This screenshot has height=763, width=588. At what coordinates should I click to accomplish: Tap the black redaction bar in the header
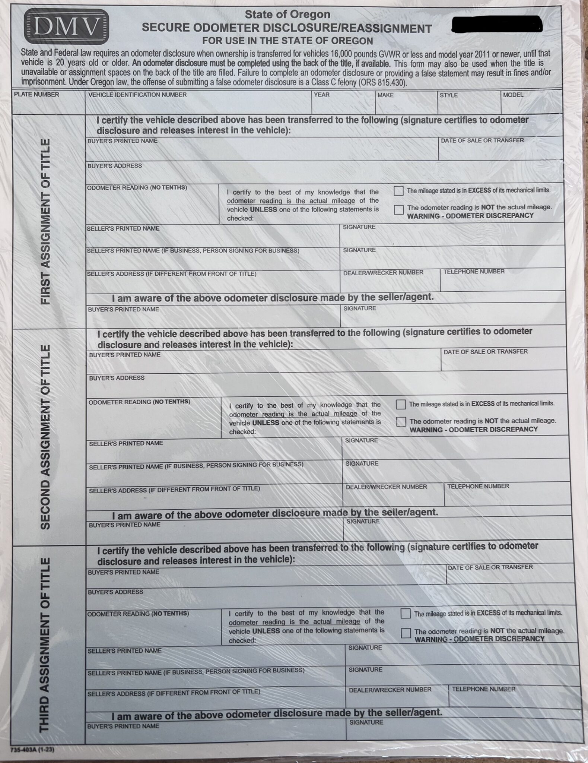pyautogui.click(x=497, y=24)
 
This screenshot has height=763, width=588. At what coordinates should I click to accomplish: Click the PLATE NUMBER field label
pyautogui.click(x=36, y=95)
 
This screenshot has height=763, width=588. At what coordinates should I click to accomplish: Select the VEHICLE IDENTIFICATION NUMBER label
pyautogui.click(x=137, y=95)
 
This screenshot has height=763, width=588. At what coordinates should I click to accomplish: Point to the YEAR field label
pyautogui.click(x=321, y=95)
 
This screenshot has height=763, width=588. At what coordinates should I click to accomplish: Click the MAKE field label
pyautogui.click(x=385, y=95)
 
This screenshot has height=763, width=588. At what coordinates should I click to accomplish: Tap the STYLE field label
pyautogui.click(x=449, y=95)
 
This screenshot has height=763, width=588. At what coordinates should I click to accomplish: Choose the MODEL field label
pyautogui.click(x=513, y=95)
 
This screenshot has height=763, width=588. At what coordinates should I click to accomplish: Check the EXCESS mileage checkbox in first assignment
pyautogui.click(x=398, y=191)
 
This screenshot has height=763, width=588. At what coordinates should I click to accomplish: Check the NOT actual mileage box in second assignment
pyautogui.click(x=401, y=422)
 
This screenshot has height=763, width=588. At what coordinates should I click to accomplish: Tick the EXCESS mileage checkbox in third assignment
pyautogui.click(x=405, y=614)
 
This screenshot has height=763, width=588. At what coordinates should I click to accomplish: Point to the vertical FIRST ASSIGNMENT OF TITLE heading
pyautogui.click(x=45, y=222)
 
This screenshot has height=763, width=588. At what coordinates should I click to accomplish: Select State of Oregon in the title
pyautogui.click(x=287, y=15)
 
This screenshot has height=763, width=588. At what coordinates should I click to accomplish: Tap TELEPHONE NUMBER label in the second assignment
pyautogui.click(x=478, y=486)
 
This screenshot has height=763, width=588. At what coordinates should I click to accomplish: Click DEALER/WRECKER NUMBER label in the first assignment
pyautogui.click(x=383, y=273)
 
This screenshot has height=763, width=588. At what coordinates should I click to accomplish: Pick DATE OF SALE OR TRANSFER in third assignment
pyautogui.click(x=490, y=567)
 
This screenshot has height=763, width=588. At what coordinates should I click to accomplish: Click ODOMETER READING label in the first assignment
pyautogui.click(x=137, y=188)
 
